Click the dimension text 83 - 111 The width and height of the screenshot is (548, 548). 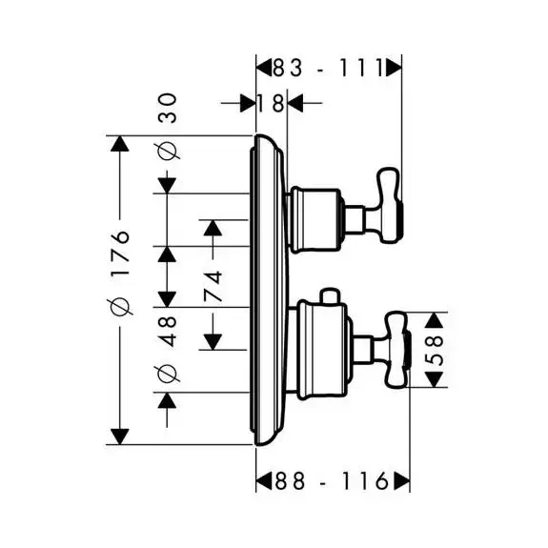328,68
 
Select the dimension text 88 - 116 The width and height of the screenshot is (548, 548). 332,481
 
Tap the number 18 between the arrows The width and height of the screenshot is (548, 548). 271,103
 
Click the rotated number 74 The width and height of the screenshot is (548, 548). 213,286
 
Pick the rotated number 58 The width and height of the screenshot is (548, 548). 434,350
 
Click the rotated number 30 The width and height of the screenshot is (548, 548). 168,108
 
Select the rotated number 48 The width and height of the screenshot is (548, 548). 168,332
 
